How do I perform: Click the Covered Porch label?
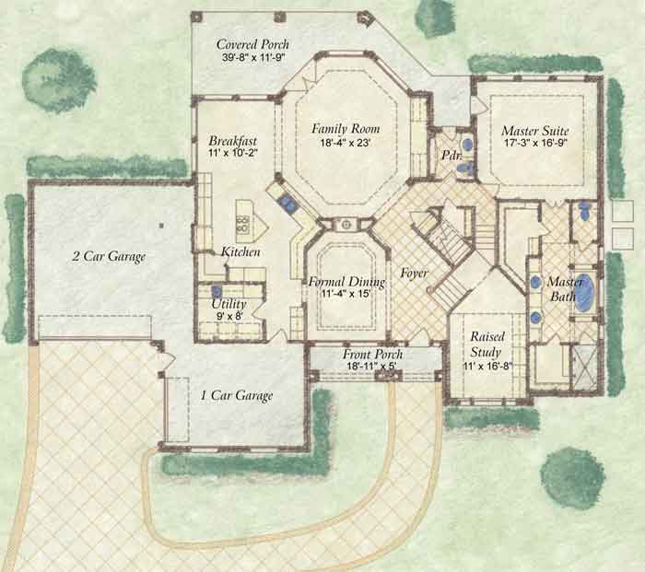point(252,44)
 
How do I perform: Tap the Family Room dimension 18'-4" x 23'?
point(346,143)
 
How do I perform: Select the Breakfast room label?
point(233,141)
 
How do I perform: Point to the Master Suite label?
point(534,131)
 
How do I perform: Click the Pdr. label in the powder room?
point(451,155)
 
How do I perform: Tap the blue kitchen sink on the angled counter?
point(286,203)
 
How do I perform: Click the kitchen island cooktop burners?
point(242,224)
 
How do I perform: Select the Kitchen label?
point(240,251)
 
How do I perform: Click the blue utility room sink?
point(217,291)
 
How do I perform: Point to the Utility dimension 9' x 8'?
point(229,316)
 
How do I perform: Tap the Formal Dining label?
point(346,282)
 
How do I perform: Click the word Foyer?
point(415,273)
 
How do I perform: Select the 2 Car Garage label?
point(109,256)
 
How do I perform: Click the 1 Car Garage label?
point(237,395)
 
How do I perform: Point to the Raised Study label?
point(487,344)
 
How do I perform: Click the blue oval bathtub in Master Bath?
point(584,292)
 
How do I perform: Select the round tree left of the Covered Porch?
point(59,81)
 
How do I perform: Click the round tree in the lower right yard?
point(572,478)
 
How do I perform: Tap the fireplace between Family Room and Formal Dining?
point(346,225)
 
